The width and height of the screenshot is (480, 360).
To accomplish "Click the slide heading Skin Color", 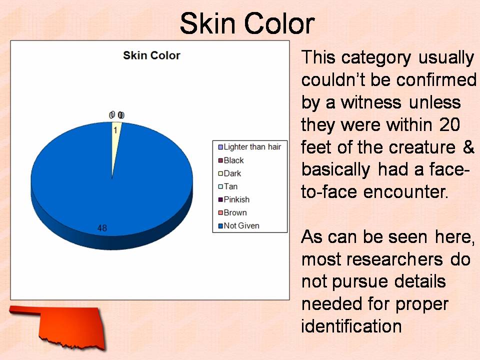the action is click(x=247, y=23).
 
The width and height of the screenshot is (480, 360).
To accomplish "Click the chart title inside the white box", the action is click(x=151, y=55).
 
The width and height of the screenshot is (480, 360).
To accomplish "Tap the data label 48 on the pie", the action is click(x=102, y=228).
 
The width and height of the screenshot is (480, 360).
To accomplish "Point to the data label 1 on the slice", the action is click(x=115, y=130).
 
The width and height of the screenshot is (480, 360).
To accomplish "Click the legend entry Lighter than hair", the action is click(x=249, y=147).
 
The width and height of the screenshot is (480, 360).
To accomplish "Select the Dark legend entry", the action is click(x=229, y=173).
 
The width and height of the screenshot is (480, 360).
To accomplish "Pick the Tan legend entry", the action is click(x=228, y=186).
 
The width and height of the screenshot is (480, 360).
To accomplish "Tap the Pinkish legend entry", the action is click(x=234, y=199).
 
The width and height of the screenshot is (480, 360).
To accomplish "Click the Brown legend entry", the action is click(x=232, y=213).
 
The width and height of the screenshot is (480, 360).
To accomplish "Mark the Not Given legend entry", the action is click(x=239, y=225).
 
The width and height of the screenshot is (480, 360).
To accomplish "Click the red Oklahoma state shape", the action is click(x=59, y=324).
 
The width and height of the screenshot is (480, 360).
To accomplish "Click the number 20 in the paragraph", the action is click(x=449, y=124).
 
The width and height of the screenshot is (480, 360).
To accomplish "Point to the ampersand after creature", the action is click(x=468, y=147).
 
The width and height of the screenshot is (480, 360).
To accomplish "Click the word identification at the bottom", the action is click(x=351, y=326).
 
